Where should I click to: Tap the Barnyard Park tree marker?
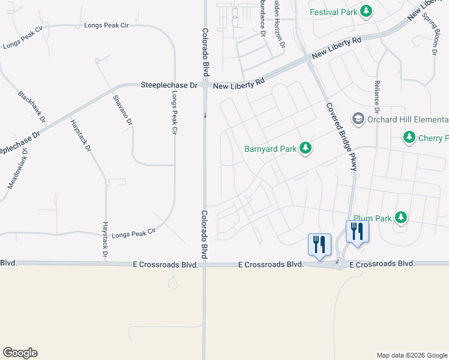tap(305, 148)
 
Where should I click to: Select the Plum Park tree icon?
tap(400, 217)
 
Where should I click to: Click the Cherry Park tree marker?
tap(409, 138)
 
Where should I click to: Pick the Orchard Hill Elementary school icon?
tap(358, 119)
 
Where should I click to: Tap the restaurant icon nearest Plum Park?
tap(357, 232)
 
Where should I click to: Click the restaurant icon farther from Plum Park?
tap(319, 244)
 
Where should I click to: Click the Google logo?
tap(20, 353)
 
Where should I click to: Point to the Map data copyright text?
tap(411, 355)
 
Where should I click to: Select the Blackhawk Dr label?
tap(32, 107)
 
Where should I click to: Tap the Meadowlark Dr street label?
tap(17, 169)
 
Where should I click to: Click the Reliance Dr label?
tap(376, 97)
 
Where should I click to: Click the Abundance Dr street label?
tap(262, 18)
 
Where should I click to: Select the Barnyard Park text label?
tap(270, 149)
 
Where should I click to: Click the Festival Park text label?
tap(333, 12)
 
